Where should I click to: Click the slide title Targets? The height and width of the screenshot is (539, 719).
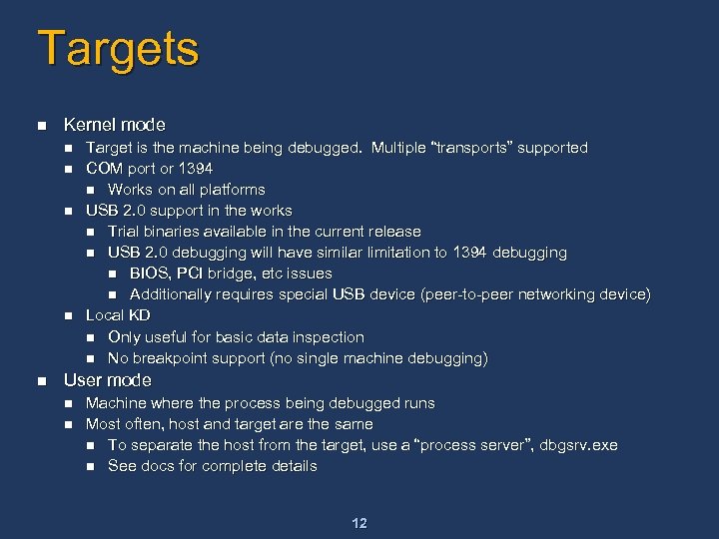[118, 48]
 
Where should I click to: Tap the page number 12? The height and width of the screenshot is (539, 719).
[359, 523]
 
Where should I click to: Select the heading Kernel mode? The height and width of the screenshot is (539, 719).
[114, 125]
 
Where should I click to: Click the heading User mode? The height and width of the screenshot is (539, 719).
[107, 380]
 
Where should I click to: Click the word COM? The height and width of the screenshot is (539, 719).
[103, 169]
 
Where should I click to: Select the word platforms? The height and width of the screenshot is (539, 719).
[233, 190]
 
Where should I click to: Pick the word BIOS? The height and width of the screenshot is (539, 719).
[150, 273]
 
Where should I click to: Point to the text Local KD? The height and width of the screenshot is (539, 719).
[118, 315]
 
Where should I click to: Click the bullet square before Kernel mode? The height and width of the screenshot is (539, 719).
[41, 126]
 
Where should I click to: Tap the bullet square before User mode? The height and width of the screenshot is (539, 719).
[41, 381]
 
